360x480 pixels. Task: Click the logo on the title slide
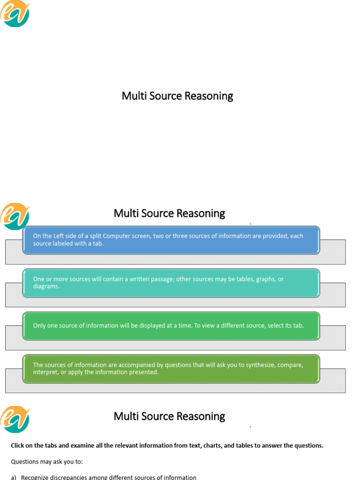15,14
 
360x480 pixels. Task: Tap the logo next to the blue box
15,216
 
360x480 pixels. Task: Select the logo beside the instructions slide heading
15,419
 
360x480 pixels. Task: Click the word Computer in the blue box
117,236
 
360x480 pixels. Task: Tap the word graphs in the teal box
265,279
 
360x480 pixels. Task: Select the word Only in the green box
39,325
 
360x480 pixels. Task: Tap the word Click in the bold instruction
17,446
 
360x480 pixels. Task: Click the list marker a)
14,477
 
